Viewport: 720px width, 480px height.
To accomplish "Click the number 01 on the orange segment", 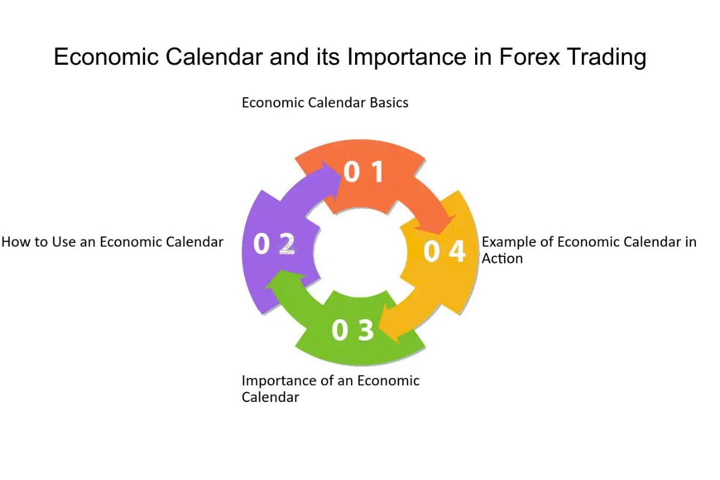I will tap(364, 172).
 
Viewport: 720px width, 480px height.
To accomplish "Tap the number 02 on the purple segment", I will tap(274, 244).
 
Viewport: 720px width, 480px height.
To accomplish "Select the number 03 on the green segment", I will tap(353, 331).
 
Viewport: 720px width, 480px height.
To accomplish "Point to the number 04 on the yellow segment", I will tap(444, 251).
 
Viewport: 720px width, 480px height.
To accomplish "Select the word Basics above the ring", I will tap(389, 103).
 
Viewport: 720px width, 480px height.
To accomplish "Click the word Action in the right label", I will tap(502, 259).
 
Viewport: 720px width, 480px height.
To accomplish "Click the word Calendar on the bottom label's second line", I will tap(270, 397).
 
